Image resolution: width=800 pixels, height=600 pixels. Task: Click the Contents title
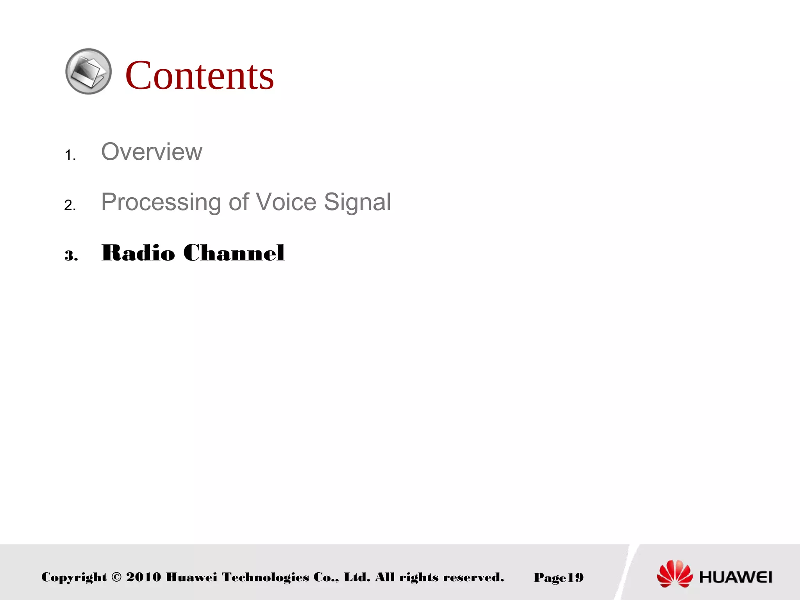(199, 75)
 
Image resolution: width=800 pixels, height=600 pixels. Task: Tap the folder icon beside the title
(89, 71)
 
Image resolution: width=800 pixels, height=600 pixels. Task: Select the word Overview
(152, 152)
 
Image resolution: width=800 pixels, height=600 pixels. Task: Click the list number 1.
(70, 155)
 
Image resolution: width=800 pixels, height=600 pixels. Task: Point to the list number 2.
(70, 205)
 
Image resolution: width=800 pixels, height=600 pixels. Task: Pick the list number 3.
(71, 256)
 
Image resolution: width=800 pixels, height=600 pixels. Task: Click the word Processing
(161, 202)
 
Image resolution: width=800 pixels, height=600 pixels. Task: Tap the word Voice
(286, 202)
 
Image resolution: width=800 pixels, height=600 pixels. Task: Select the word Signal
(357, 202)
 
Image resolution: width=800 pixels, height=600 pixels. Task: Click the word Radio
(138, 253)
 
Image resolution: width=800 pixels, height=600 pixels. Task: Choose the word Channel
(234, 253)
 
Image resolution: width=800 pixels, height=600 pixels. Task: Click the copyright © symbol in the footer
(116, 577)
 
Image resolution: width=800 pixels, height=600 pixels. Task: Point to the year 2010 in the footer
(143, 577)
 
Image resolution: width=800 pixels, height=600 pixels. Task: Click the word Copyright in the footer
(74, 577)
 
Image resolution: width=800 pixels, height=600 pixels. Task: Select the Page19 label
(558, 577)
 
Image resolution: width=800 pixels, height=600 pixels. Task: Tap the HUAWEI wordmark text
(736, 577)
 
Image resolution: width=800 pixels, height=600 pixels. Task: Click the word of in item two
(239, 202)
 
